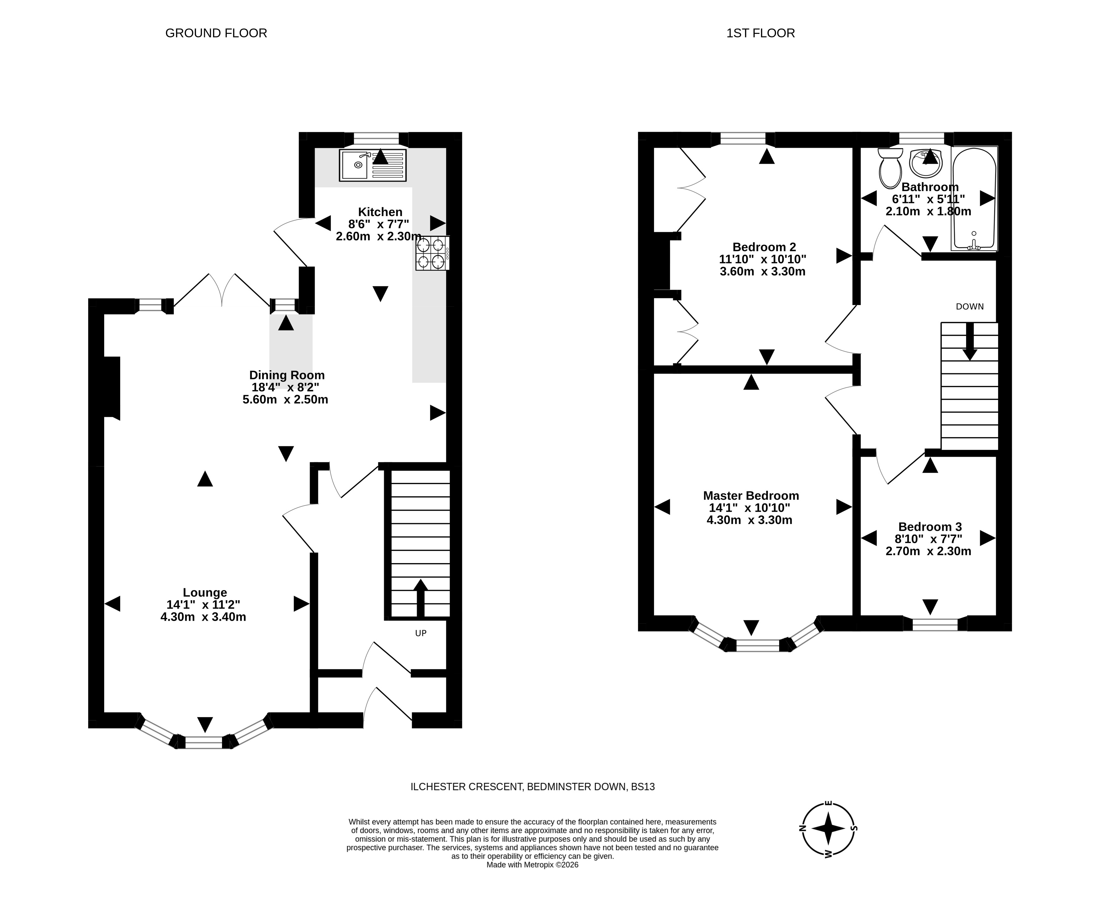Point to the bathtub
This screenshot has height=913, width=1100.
[x=974, y=198]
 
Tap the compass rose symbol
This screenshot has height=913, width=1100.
[x=829, y=828]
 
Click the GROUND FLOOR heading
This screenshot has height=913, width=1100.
[x=216, y=33]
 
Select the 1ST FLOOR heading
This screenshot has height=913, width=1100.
[x=761, y=33]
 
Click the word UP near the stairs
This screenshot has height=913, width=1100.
[x=421, y=633]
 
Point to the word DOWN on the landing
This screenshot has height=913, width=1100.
[x=970, y=307]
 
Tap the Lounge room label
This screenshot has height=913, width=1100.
[x=205, y=592]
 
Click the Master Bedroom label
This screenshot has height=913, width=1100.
[x=751, y=495]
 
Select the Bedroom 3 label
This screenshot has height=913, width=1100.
[x=930, y=527]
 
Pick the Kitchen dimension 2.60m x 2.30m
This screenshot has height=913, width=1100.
[x=379, y=236]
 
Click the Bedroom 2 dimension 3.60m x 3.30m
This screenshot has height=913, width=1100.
[x=763, y=271]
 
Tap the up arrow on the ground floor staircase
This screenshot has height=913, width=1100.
[x=421, y=598]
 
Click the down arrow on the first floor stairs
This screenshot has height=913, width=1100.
[x=970, y=341]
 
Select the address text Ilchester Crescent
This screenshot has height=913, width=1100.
[x=467, y=786]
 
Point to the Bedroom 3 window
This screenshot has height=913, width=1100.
[x=935, y=624]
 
